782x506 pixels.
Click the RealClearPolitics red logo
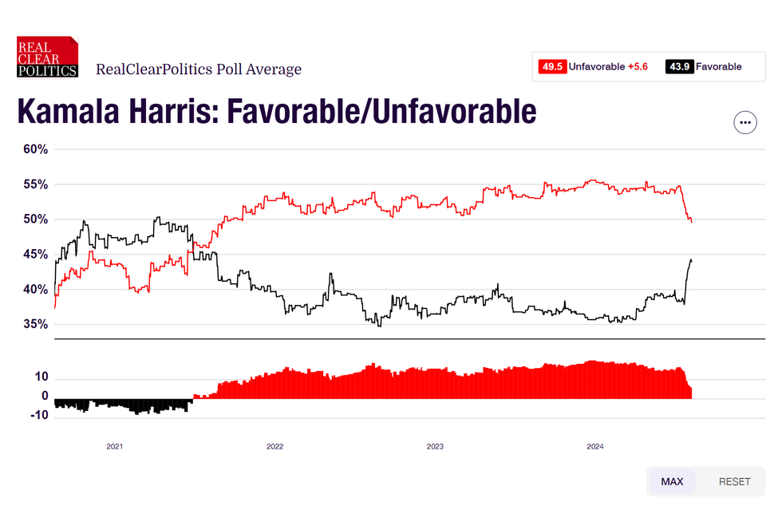click(x=48, y=57)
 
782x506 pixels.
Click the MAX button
click(x=672, y=481)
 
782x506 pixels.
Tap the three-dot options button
click(x=744, y=122)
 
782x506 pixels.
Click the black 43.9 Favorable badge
click(x=679, y=66)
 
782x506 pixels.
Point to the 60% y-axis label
click(x=34, y=149)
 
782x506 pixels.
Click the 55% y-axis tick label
click(x=34, y=184)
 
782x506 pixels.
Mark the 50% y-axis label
click(x=34, y=219)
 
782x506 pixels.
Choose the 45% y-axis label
click(x=34, y=255)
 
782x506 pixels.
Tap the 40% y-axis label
click(x=34, y=290)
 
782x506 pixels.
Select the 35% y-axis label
click(x=34, y=325)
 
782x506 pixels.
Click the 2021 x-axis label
click(x=115, y=447)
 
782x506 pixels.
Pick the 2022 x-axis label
click(x=274, y=447)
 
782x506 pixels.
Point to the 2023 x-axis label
click(x=435, y=447)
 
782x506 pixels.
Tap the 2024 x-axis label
click(x=595, y=447)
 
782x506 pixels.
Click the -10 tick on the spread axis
click(x=40, y=415)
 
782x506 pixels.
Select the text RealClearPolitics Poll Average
click(x=199, y=69)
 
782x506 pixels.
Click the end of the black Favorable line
click(x=691, y=260)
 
